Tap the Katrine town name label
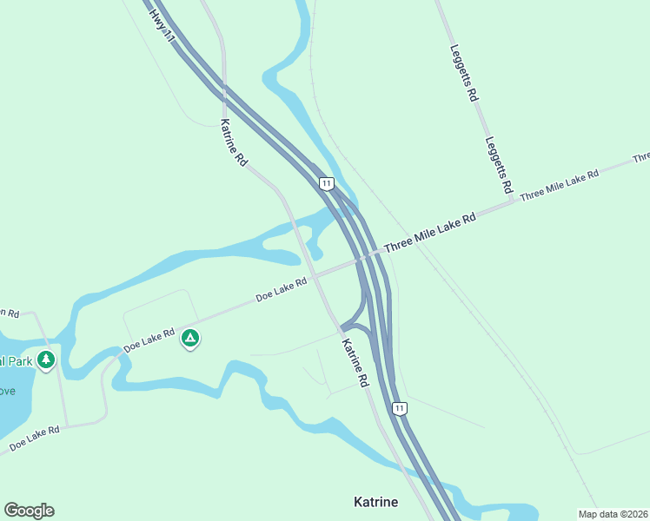[376, 502]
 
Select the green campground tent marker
[190, 338]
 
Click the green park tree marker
[46, 359]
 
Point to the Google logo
[29, 511]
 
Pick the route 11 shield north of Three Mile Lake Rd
[326, 183]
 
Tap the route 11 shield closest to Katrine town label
[399, 407]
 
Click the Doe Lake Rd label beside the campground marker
[149, 340]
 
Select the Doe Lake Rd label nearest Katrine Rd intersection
[282, 290]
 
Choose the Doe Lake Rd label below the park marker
[35, 439]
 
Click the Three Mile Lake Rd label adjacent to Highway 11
[430, 233]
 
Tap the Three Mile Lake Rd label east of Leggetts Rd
[560, 186]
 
